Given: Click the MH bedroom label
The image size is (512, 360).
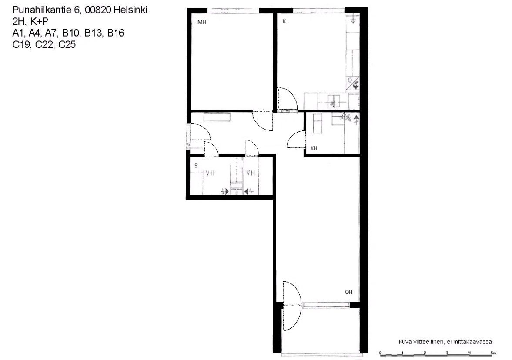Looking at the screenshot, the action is [201, 22].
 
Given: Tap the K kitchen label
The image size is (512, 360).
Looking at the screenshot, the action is [284, 21].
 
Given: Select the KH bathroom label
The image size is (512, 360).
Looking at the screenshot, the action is [314, 148].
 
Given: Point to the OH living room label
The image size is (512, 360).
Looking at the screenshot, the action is [348, 292].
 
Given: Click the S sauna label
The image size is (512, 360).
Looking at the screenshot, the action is [196, 166].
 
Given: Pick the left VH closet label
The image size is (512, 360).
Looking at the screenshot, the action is [210, 173].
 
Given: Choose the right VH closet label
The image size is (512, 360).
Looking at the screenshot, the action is [251, 173].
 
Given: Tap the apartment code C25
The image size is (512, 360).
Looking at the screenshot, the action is [67, 44].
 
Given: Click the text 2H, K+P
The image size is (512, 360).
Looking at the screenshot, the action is [30, 22].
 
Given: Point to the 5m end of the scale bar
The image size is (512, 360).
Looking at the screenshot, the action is [493, 354].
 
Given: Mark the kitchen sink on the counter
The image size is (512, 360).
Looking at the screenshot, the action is [333, 101].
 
